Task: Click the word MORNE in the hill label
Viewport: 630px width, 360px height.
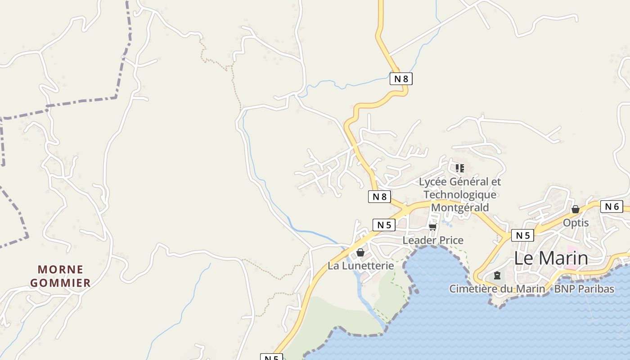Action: coord(61,270)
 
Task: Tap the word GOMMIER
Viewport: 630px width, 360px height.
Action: coord(61,283)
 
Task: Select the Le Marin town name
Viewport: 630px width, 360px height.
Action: coord(551,258)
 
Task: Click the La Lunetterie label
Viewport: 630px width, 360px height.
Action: coord(360,265)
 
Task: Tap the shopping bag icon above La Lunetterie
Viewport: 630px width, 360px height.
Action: coord(360,252)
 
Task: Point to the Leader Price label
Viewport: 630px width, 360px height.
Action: coord(432,240)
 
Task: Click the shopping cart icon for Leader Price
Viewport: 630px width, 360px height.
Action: coord(433,226)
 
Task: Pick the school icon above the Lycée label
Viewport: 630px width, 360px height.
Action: coord(459,168)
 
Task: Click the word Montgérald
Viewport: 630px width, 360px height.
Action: coord(460,207)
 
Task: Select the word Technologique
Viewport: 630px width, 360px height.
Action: coord(460,194)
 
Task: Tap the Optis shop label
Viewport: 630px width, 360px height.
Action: coord(576,223)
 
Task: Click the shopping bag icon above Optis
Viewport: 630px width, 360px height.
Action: coord(575,209)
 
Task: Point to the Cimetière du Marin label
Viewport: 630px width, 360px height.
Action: coord(497,288)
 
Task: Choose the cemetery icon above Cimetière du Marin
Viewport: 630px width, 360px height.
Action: coord(497,275)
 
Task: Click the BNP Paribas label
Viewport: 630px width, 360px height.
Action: coord(584,288)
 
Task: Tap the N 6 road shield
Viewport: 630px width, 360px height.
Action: coord(612,207)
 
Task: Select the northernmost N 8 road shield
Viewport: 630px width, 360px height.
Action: coord(400,79)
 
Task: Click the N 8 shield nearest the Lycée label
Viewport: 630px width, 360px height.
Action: coord(379,196)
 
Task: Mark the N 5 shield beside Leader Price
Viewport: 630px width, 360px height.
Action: coord(384,225)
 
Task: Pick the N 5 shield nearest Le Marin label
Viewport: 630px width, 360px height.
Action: coord(522,235)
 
